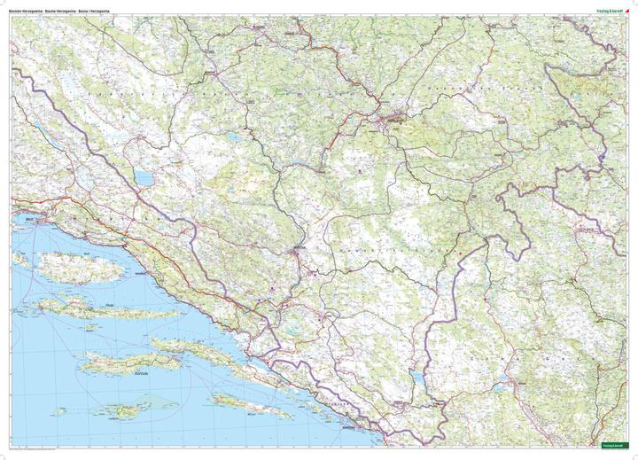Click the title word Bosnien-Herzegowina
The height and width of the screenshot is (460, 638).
point(27,11)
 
